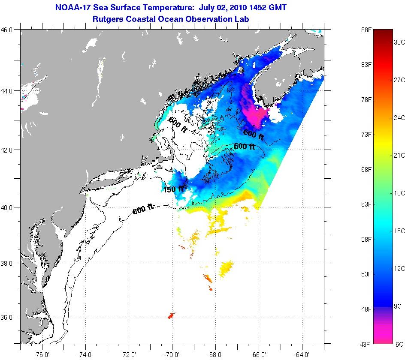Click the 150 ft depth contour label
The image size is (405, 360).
(174, 189)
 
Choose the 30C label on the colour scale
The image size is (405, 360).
(399, 42)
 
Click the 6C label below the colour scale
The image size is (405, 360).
(399, 344)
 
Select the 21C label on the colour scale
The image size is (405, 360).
(399, 155)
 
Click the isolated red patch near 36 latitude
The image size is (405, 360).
(170, 316)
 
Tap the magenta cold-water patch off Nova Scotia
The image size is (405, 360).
(255, 112)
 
